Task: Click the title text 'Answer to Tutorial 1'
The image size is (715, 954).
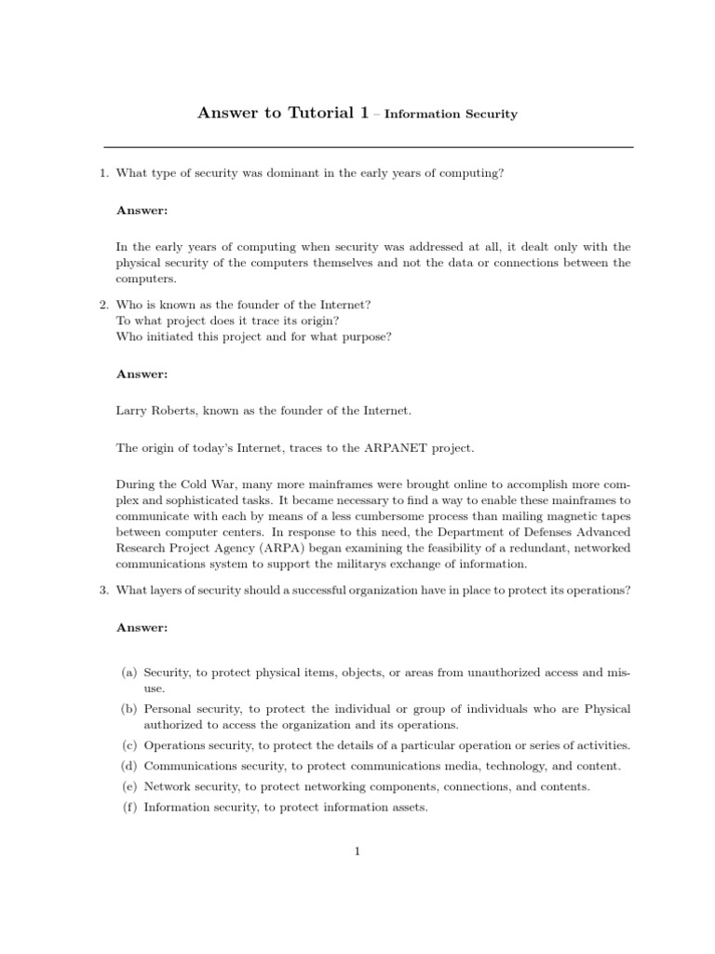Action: pos(277,114)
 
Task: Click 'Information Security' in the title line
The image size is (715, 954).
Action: pos(451,115)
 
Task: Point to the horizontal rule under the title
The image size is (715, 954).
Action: pos(368,147)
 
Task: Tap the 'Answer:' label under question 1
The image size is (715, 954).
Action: pos(142,211)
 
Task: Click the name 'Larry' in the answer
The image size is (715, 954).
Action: pos(131,410)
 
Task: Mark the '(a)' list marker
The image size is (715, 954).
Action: pos(129,672)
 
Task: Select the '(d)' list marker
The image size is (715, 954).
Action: pos(129,766)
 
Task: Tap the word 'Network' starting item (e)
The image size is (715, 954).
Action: pos(166,786)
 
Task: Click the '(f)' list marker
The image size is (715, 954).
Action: pos(129,808)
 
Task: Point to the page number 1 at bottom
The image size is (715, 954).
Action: pos(357,851)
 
